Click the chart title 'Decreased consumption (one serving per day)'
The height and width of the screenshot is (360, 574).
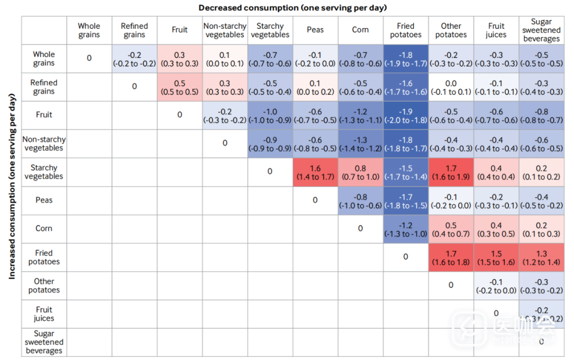pyautogui.click(x=292, y=7)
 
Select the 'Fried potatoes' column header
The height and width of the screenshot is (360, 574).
pyautogui.click(x=406, y=30)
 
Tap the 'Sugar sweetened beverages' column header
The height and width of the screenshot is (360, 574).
pyautogui.click(x=541, y=30)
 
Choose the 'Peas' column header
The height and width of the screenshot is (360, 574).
pyautogui.click(x=315, y=30)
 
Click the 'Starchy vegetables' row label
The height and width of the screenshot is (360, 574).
pyautogui.click(x=44, y=172)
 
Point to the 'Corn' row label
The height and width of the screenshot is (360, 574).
pyautogui.click(x=44, y=229)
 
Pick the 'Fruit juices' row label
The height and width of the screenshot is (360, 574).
pyautogui.click(x=44, y=314)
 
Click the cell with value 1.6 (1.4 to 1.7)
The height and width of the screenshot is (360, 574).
pyautogui.click(x=315, y=172)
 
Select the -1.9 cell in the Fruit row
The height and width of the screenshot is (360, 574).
pyautogui.click(x=406, y=115)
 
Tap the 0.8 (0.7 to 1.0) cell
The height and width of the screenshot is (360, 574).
pyautogui.click(x=360, y=172)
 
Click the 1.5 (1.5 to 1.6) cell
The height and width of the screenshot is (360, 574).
pyautogui.click(x=496, y=257)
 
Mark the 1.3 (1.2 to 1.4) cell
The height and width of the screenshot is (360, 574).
pyautogui.click(x=541, y=257)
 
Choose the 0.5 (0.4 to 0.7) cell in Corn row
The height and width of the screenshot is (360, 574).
pyautogui.click(x=451, y=229)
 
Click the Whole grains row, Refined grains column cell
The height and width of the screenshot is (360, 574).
pyautogui.click(x=134, y=59)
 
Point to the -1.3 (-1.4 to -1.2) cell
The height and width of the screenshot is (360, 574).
pyautogui.click(x=360, y=144)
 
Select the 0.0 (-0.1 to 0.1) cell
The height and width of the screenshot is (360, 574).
pyautogui.click(x=451, y=87)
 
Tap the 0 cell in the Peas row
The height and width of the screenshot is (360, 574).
pyautogui.click(x=315, y=200)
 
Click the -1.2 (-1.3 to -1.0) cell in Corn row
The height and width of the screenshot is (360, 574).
pyautogui.click(x=406, y=229)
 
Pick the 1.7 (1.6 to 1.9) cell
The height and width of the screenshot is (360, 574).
pyautogui.click(x=451, y=172)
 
